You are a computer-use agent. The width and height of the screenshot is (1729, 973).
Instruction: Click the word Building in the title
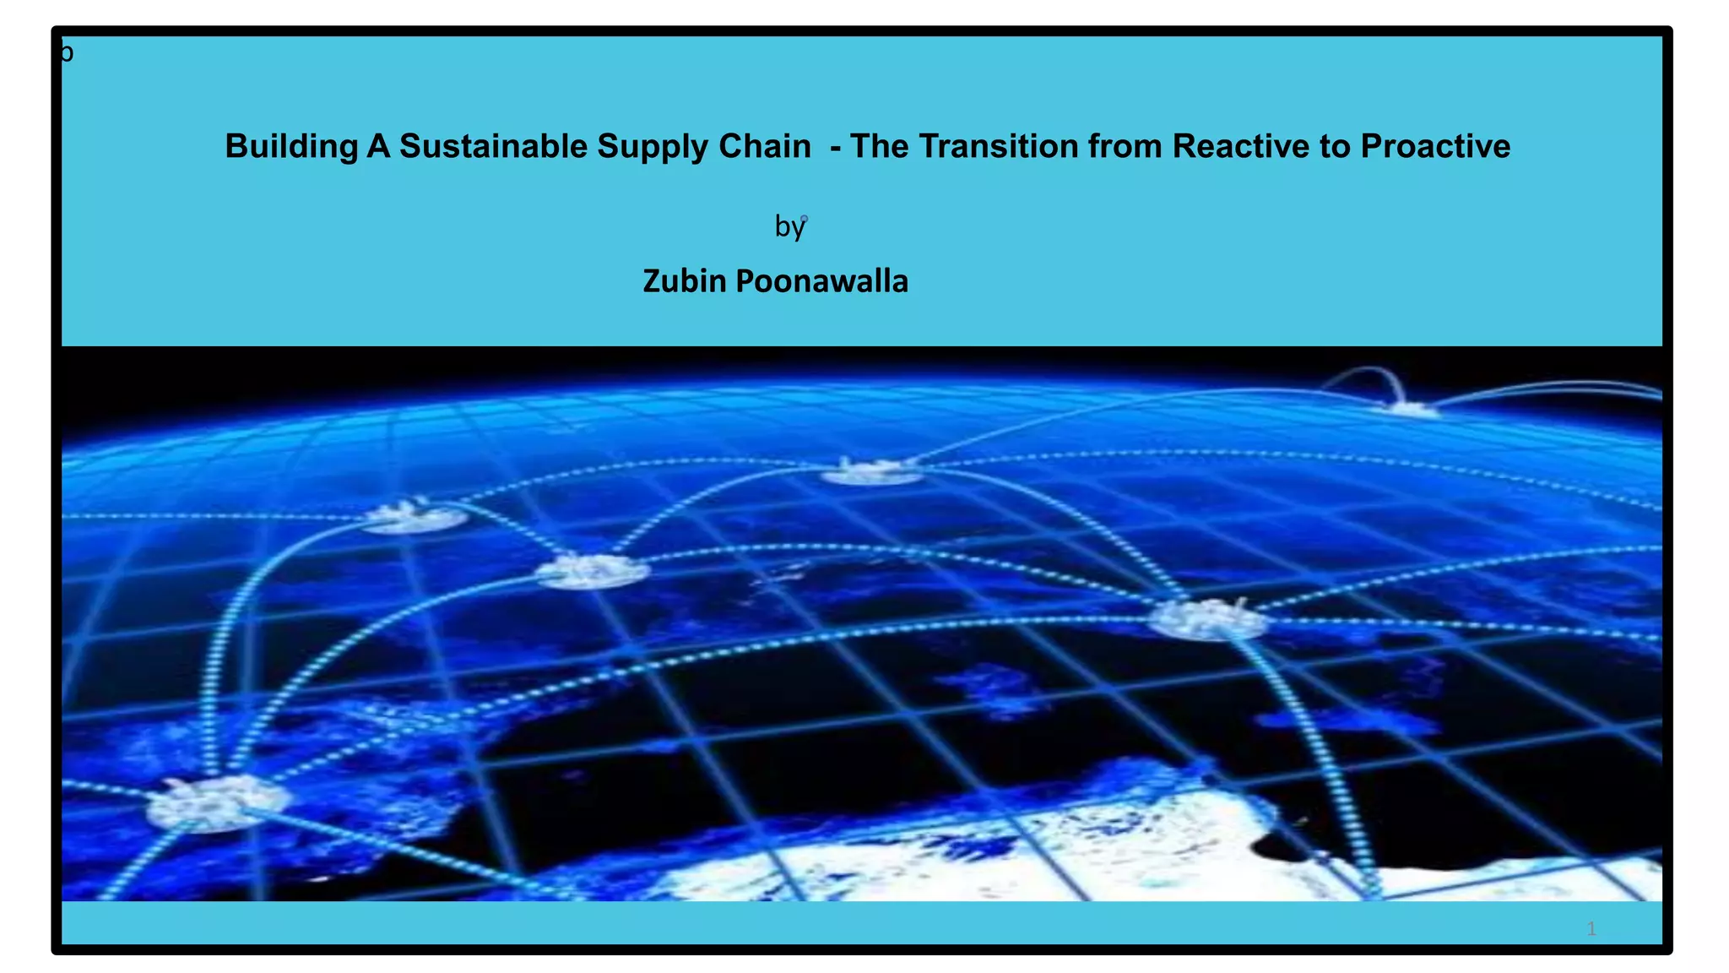pos(290,147)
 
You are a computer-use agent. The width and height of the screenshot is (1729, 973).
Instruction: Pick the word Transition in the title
pos(999,146)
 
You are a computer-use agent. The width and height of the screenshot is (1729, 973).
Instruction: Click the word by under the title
pos(789,226)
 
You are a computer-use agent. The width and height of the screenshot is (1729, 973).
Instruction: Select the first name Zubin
pos(684,281)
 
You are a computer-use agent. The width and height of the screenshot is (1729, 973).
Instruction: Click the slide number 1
pos(1591,929)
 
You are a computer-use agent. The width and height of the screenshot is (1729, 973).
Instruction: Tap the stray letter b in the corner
pos(67,53)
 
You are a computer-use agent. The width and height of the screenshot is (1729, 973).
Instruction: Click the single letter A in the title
pos(377,146)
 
